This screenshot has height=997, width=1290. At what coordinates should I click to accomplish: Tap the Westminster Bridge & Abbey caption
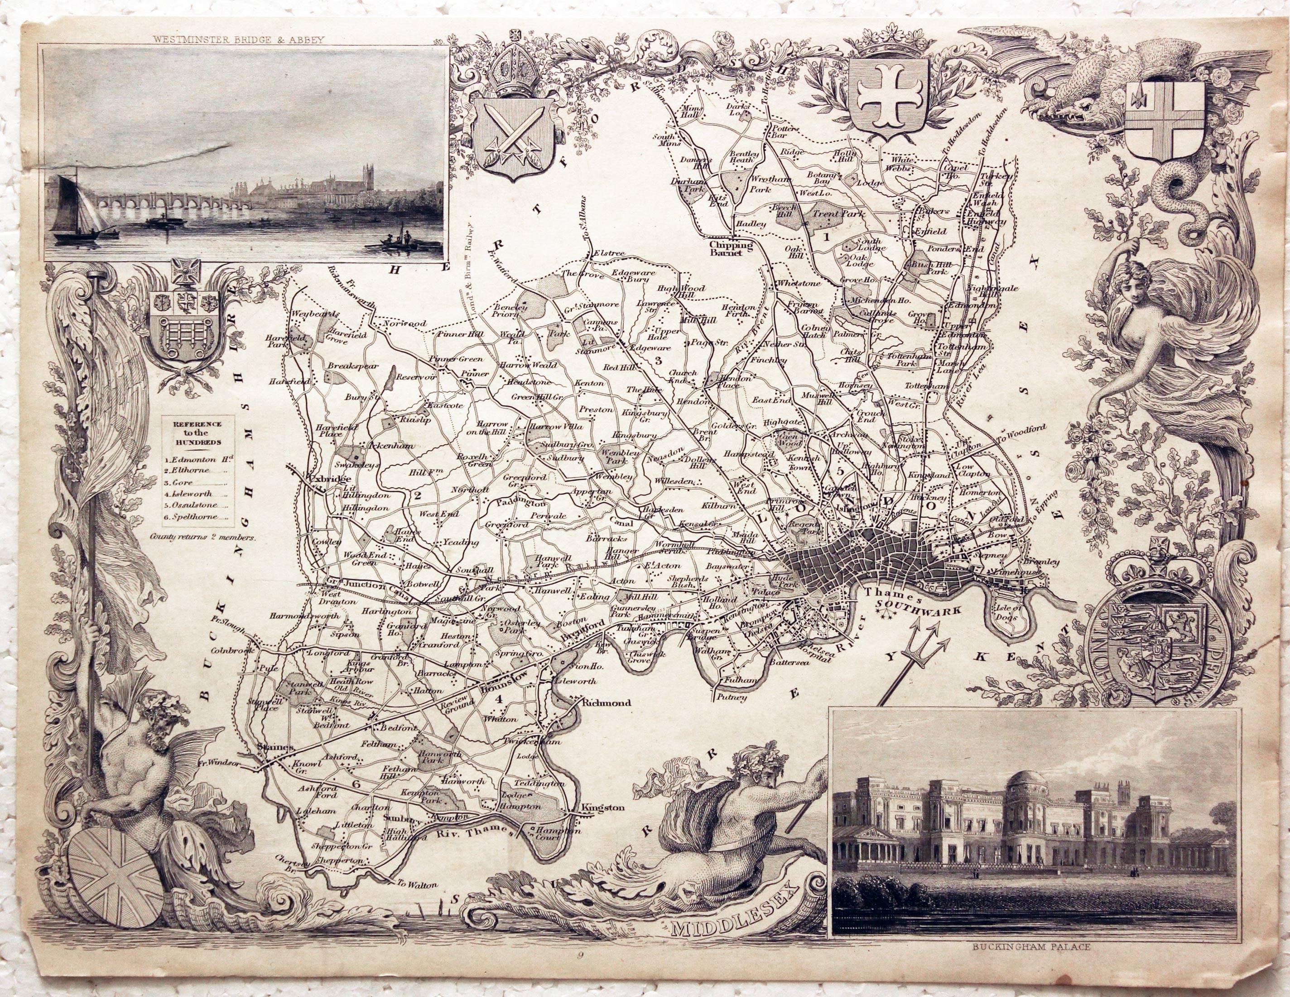239,40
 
